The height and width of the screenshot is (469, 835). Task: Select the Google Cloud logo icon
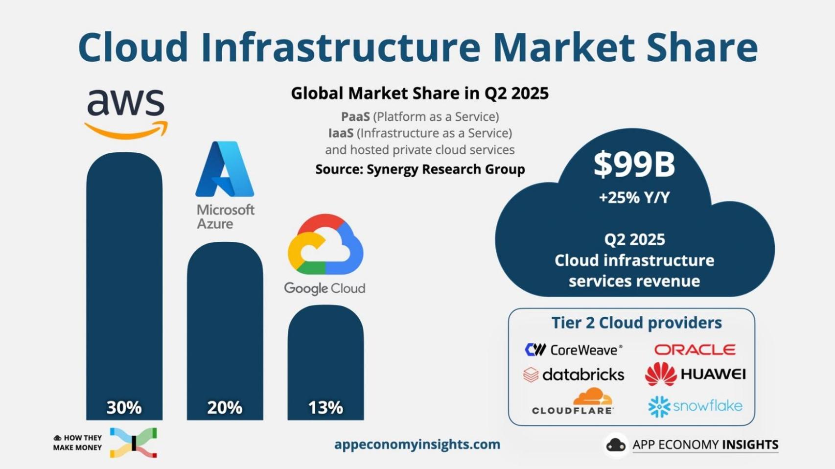point(325,244)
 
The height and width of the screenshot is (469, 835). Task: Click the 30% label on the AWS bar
point(124,407)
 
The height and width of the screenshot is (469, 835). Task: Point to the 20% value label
point(225,407)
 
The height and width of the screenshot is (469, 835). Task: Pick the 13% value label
point(325,407)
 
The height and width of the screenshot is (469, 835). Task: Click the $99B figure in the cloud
point(634,164)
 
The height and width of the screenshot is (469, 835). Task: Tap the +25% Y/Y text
point(634,197)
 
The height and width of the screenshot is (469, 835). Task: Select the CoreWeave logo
point(573,350)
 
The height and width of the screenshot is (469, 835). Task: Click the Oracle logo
point(695,350)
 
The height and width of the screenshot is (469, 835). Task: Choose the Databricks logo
point(574,375)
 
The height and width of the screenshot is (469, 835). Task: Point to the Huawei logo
point(695,375)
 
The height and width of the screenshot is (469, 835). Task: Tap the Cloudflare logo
point(573,402)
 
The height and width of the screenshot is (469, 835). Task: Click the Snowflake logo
point(695,406)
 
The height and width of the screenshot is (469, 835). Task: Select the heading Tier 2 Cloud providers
point(636,323)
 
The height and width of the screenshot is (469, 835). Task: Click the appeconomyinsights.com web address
point(417,445)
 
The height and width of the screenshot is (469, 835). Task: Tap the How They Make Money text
point(78,443)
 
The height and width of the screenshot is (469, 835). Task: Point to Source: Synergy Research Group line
point(420,169)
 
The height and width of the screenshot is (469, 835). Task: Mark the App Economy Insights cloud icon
point(616,445)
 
